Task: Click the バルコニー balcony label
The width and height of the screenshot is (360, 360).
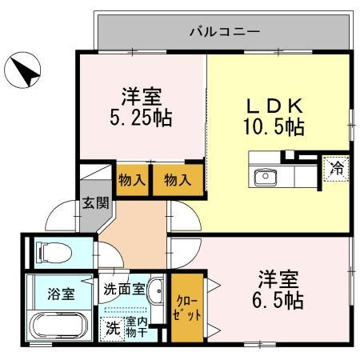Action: point(225,32)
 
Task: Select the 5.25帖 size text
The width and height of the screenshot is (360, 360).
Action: point(141,118)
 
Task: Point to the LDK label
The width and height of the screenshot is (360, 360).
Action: point(274,106)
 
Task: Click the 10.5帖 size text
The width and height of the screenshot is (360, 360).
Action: point(274,127)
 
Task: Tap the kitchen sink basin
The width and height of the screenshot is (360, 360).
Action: point(265,178)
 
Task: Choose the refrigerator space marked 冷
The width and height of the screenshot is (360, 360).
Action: point(336,169)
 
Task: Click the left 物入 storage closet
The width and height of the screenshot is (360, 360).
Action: point(132,180)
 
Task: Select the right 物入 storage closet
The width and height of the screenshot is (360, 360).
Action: point(178,180)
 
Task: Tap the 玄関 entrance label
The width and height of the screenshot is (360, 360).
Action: point(95,203)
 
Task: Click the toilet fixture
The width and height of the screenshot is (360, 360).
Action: point(54,251)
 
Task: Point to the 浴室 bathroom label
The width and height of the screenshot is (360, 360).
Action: point(61,294)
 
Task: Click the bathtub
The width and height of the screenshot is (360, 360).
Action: point(58,326)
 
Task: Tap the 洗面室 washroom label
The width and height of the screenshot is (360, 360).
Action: point(124,289)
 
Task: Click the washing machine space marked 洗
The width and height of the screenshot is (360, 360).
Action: point(113,329)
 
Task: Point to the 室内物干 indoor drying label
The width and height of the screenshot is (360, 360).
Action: point(137,327)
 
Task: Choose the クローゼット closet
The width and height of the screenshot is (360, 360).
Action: point(187,308)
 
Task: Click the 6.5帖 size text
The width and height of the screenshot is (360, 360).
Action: point(278,301)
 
